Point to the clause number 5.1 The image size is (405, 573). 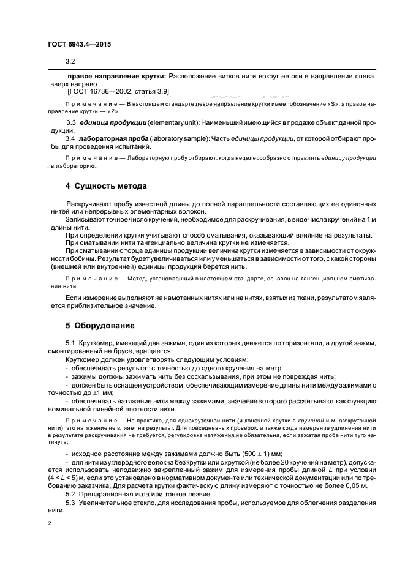(70, 345)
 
